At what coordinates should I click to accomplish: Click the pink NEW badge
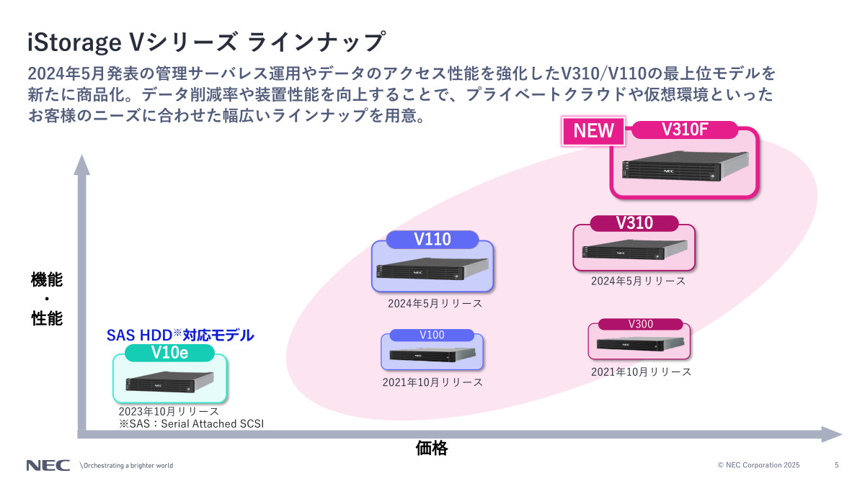pyautogui.click(x=594, y=130)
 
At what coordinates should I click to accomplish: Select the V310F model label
pyautogui.click(x=686, y=130)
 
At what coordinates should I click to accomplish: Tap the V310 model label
pyautogui.click(x=634, y=223)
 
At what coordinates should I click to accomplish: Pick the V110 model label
pyautogui.click(x=432, y=240)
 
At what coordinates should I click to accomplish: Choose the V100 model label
pyautogui.click(x=432, y=335)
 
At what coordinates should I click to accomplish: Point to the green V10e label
pyautogui.click(x=170, y=353)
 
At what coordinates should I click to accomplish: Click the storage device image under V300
pyautogui.click(x=638, y=343)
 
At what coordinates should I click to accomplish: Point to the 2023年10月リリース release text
pyautogui.click(x=169, y=412)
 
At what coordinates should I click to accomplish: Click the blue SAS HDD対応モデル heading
pyautogui.click(x=180, y=335)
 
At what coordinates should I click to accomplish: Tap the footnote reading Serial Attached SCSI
pyautogui.click(x=191, y=424)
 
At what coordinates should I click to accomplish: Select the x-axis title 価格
pyautogui.click(x=432, y=449)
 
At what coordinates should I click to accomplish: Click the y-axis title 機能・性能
pyautogui.click(x=47, y=299)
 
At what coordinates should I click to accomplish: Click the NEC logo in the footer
pyautogui.click(x=48, y=465)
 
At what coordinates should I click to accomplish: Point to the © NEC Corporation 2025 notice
pyautogui.click(x=758, y=465)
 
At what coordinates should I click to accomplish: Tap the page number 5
pyautogui.click(x=836, y=465)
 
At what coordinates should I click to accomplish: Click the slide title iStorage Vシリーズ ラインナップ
pyautogui.click(x=205, y=42)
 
